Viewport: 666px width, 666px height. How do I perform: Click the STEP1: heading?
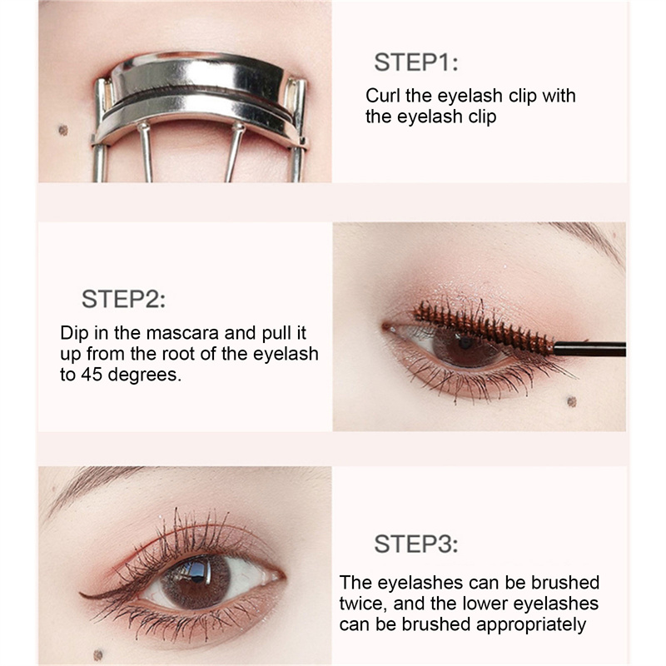[415, 62]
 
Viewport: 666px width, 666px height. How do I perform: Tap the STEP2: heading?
[123, 299]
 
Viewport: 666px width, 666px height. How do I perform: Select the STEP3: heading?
[415, 544]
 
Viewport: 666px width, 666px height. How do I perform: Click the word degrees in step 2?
[144, 375]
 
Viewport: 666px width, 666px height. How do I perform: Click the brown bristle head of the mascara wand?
[484, 326]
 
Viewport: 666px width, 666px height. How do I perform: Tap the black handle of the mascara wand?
[589, 349]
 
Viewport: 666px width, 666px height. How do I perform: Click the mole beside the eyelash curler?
[63, 130]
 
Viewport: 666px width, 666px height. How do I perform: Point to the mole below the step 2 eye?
[572, 401]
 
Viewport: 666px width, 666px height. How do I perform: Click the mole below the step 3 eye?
[98, 655]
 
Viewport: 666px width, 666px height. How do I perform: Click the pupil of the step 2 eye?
[465, 342]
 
